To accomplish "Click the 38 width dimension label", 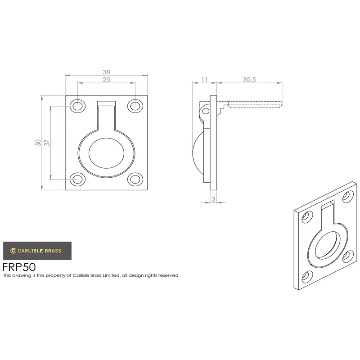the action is pyautogui.click(x=106, y=72).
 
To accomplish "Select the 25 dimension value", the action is pyautogui.click(x=106, y=80).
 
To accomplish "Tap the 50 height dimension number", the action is pyautogui.click(x=38, y=143).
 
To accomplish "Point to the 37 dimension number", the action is pyautogui.click(x=47, y=143).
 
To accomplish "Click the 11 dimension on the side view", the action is pyautogui.click(x=204, y=80).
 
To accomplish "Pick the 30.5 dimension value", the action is pyautogui.click(x=249, y=80).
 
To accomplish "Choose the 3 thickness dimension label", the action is pyautogui.click(x=213, y=199).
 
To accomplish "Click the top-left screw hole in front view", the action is pyautogui.click(x=77, y=106).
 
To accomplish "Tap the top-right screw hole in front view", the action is pyautogui.click(x=135, y=106).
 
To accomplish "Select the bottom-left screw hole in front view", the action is pyautogui.click(x=77, y=179).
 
